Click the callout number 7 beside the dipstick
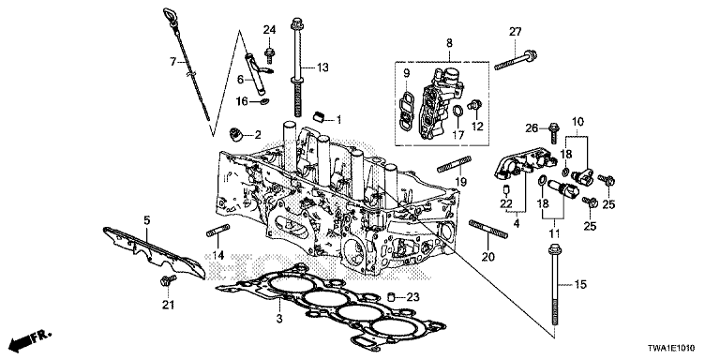click(x=172, y=62)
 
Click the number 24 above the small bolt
click(x=269, y=30)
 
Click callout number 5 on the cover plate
click(x=146, y=219)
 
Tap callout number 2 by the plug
click(x=255, y=135)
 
